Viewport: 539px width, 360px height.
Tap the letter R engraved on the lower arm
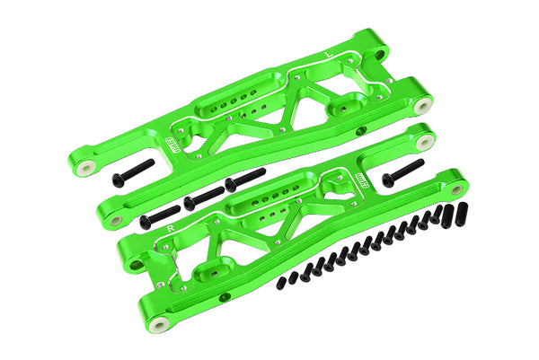171,229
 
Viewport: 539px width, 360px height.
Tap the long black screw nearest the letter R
160,215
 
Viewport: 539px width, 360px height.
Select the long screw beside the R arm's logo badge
402,172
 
